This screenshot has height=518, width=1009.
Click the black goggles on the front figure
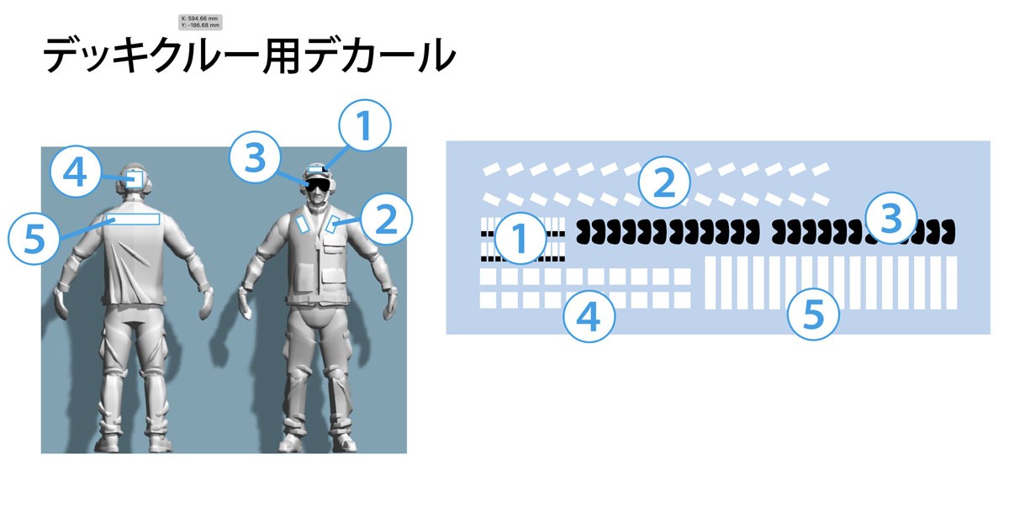pyautogui.click(x=317, y=185)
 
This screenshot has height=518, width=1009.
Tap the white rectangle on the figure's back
pyautogui.click(x=133, y=219)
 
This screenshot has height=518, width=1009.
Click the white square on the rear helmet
pyautogui.click(x=135, y=179)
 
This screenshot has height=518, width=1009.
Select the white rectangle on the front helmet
pyautogui.click(x=317, y=169)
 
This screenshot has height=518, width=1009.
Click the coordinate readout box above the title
pyautogui.click(x=200, y=22)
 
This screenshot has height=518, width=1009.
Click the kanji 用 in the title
pyautogui.click(x=280, y=55)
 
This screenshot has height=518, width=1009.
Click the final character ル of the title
pyautogui.click(x=436, y=55)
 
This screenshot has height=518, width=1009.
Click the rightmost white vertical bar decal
pyautogui.click(x=951, y=283)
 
